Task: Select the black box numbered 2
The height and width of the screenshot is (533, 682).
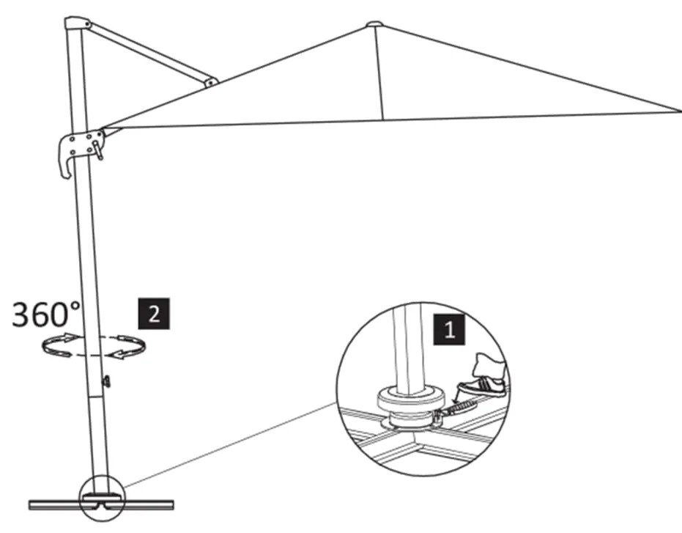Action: click(x=154, y=313)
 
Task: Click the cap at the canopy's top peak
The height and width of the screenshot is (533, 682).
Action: click(x=374, y=23)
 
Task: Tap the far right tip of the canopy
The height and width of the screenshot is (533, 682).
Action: click(x=677, y=111)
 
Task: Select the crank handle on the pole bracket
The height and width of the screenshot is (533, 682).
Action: click(x=97, y=150)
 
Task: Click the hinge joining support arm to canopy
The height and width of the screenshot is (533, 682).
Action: click(x=210, y=83)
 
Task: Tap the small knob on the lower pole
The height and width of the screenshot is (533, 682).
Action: click(x=107, y=381)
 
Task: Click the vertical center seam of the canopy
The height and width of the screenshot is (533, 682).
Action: click(x=379, y=73)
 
